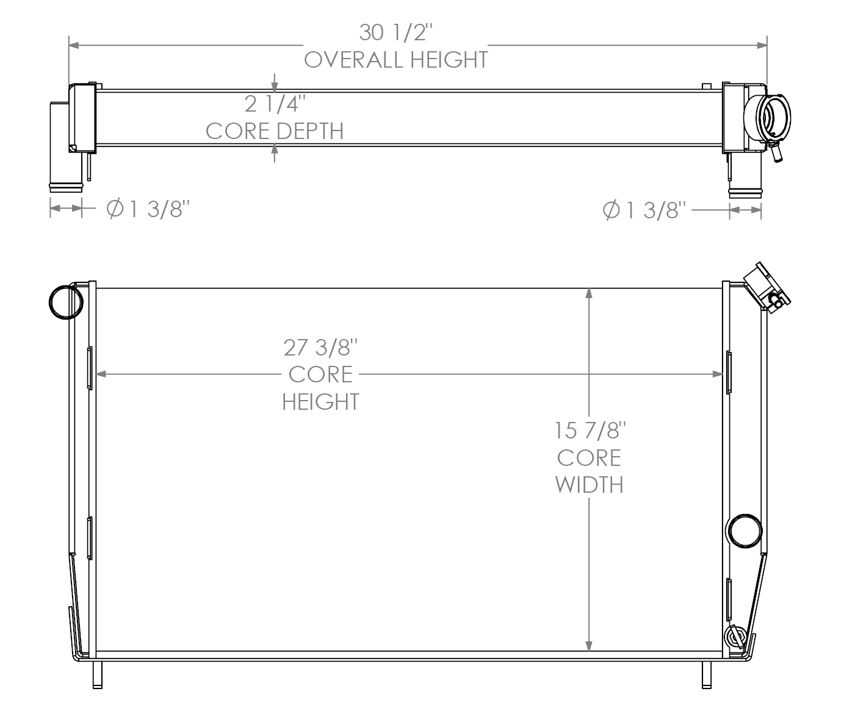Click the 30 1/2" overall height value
[396, 32]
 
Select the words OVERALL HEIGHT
[396, 60]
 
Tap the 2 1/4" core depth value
[274, 104]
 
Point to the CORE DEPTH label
[274, 130]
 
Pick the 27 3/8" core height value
[320, 348]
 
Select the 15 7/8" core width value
[590, 431]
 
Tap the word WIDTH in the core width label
[590, 485]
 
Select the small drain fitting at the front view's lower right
[735, 637]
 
